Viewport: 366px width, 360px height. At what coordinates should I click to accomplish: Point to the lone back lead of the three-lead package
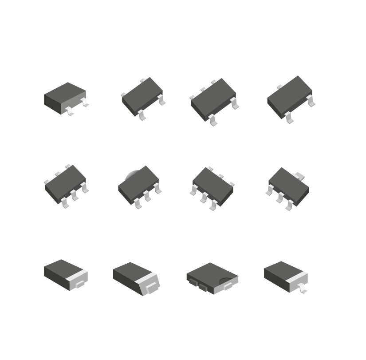pos(280,87)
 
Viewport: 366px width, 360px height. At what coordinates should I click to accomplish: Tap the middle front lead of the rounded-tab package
pos(147,196)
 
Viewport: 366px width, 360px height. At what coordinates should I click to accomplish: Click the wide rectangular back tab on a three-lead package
pos(299,176)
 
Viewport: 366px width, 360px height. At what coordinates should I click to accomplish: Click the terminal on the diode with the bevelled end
pos(151,287)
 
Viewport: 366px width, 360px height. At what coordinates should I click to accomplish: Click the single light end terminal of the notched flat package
pos(229,286)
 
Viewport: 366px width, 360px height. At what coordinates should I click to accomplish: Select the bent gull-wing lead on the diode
pos(303,289)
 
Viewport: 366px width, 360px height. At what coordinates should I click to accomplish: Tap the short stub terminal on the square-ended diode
pos(80,284)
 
